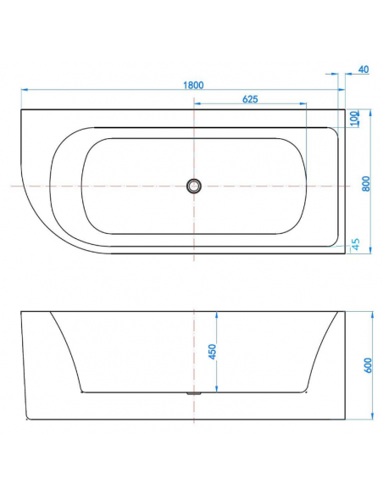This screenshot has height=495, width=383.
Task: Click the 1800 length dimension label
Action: coord(193,86)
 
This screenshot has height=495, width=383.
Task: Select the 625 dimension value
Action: coord(250,99)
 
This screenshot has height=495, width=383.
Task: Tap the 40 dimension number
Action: coord(364,70)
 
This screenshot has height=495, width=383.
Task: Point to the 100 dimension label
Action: coord(354,119)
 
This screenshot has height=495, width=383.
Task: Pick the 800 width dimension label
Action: coord(366,183)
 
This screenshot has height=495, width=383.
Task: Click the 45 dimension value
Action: coord(356,244)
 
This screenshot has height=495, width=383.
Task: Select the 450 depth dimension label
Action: coord(213,352)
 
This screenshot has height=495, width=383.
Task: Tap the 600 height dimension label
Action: coord(369,365)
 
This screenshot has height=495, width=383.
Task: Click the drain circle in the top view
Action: coord(194,186)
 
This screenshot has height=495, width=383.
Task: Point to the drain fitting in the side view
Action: coord(194,393)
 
